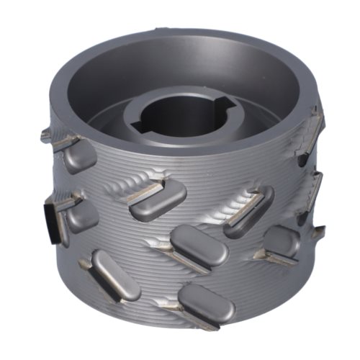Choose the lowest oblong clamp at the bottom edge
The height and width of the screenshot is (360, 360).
pyautogui.click(x=207, y=305)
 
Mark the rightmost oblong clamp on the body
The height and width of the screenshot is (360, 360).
pyautogui.click(x=281, y=242)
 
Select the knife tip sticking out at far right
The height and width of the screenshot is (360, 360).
pyautogui.click(x=317, y=233)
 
